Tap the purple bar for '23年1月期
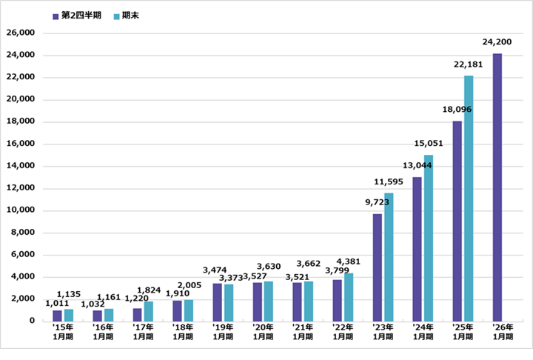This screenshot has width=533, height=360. (378, 267)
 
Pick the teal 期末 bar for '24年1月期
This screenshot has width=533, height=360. (429, 237)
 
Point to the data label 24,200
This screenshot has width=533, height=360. (497, 43)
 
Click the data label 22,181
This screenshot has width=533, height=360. (469, 65)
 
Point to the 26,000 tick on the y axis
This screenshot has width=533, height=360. (20, 33)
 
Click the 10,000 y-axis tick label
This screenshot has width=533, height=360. (20, 210)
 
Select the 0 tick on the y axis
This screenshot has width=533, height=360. (33, 321)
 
